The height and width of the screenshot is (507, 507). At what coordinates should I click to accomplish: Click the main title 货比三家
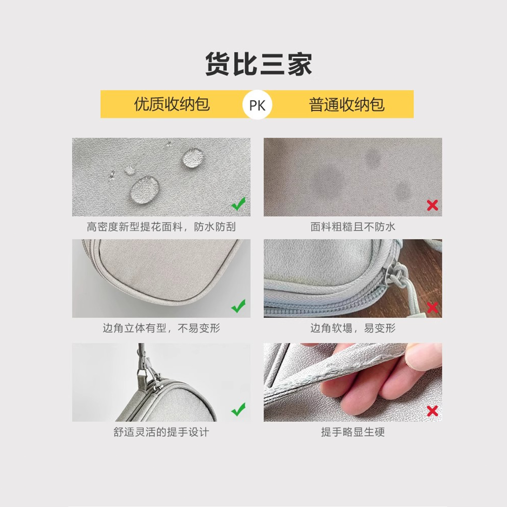coord(259,64)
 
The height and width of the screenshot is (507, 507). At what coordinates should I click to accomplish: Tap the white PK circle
coord(257,105)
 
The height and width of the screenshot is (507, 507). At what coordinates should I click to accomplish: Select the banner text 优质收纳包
coord(172,104)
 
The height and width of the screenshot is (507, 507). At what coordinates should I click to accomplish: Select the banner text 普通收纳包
coord(347,105)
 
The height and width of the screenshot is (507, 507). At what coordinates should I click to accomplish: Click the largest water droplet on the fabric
coord(145,189)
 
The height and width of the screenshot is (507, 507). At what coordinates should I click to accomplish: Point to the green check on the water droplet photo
coord(238,204)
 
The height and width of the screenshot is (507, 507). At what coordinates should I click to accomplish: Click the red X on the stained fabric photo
coord(433,205)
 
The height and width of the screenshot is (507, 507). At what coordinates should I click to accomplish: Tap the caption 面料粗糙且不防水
coord(353,227)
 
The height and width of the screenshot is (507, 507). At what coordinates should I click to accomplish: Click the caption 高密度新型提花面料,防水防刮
coord(161,227)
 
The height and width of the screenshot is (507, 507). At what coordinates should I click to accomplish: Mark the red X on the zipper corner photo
coord(433,308)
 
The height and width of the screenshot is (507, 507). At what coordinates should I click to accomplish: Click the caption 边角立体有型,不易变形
coord(161,328)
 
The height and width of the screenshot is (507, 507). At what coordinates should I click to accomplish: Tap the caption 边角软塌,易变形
coord(353,328)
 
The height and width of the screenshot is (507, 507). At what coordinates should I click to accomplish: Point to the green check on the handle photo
coord(238,409)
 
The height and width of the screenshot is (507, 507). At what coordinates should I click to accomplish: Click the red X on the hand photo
coord(433,411)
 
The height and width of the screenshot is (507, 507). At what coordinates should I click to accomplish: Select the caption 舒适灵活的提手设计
coord(161,432)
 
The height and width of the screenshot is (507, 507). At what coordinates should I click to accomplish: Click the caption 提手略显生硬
coord(353,432)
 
